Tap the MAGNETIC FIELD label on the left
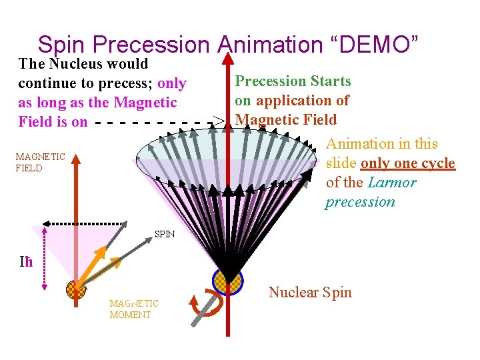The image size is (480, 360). point(40,162)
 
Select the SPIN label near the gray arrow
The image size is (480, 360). point(165,234)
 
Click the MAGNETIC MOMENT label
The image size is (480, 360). point(134,309)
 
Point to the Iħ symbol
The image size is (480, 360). point(26,262)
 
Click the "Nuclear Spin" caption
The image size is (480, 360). point(310,292)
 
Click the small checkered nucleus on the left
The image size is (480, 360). point(75,289)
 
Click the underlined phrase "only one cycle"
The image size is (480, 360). point(407,163)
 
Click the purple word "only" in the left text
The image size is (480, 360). point(172,83)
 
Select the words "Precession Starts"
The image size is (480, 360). point(293,81)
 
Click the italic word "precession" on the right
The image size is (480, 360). point(360,202)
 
